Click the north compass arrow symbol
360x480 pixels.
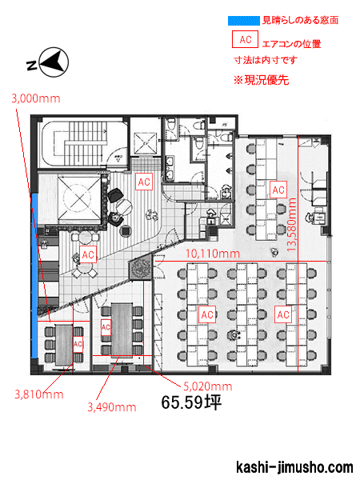[x=54, y=62]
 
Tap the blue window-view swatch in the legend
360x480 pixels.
[x=244, y=21]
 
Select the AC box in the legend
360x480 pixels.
[x=246, y=39]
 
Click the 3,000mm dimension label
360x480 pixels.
[x=36, y=98]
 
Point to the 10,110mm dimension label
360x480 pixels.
[x=213, y=254]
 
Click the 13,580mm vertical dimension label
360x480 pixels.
[x=292, y=225]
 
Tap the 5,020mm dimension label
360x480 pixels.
[x=208, y=386]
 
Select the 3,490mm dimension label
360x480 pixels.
[x=112, y=407]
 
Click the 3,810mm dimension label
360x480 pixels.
[x=39, y=394]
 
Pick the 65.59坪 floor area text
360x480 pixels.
[x=191, y=402]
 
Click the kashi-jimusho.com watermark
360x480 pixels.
[x=294, y=467]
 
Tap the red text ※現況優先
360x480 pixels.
[x=262, y=80]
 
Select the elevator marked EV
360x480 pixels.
[x=145, y=143]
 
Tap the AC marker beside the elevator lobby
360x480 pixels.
[x=144, y=182]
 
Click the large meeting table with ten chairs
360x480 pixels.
[x=122, y=330]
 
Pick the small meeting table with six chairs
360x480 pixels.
[x=64, y=345]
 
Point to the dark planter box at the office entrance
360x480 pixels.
[x=141, y=269]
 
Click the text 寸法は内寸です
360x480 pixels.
[x=266, y=60]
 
